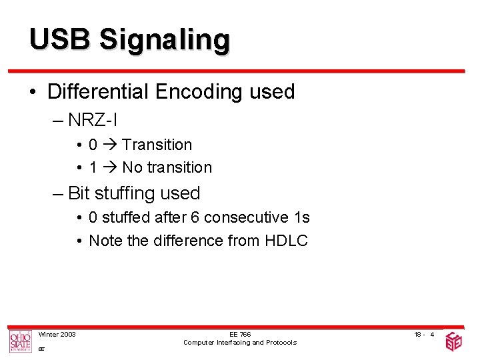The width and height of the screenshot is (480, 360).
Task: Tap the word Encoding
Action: click(201, 93)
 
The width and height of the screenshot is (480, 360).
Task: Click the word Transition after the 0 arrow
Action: click(157, 145)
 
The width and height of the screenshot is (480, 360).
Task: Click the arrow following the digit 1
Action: click(110, 167)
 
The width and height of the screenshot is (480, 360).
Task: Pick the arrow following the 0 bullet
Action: click(110, 145)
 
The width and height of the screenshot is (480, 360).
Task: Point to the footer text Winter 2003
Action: click(57, 334)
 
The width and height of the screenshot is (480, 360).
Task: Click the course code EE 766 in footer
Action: click(240, 334)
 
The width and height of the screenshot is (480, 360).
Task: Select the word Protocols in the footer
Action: click(281, 343)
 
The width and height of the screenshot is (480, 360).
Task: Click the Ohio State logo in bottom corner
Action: click(20, 341)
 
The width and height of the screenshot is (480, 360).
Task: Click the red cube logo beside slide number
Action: click(453, 341)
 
